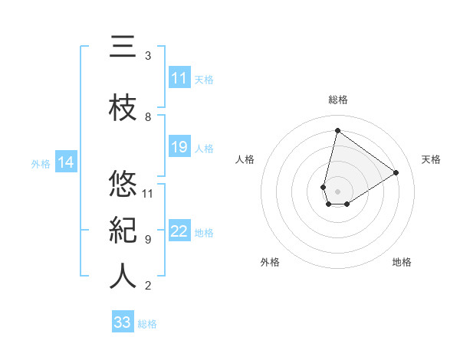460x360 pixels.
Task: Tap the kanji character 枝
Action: click(x=123, y=109)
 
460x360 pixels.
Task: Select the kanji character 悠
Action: click(x=123, y=184)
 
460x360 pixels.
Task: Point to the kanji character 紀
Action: click(x=123, y=231)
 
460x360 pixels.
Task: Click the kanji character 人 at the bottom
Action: click(x=123, y=277)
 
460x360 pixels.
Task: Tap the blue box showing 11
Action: click(x=179, y=78)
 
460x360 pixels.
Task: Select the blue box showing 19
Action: click(x=179, y=147)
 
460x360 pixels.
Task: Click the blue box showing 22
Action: click(x=179, y=231)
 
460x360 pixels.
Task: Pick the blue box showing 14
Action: click(x=65, y=162)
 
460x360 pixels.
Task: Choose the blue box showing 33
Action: click(x=123, y=322)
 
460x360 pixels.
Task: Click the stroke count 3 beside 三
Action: click(x=148, y=56)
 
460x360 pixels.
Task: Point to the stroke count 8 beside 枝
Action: click(x=148, y=117)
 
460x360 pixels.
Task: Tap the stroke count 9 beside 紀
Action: click(x=148, y=240)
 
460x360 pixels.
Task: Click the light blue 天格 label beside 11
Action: click(x=203, y=79)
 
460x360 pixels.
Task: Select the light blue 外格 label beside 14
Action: click(x=41, y=163)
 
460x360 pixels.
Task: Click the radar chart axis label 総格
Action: click(x=337, y=100)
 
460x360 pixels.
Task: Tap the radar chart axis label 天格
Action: click(x=431, y=159)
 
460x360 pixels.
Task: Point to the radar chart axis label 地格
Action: click(x=402, y=262)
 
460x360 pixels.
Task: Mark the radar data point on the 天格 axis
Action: click(x=396, y=172)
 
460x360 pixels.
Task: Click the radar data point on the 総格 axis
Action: click(x=337, y=130)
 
